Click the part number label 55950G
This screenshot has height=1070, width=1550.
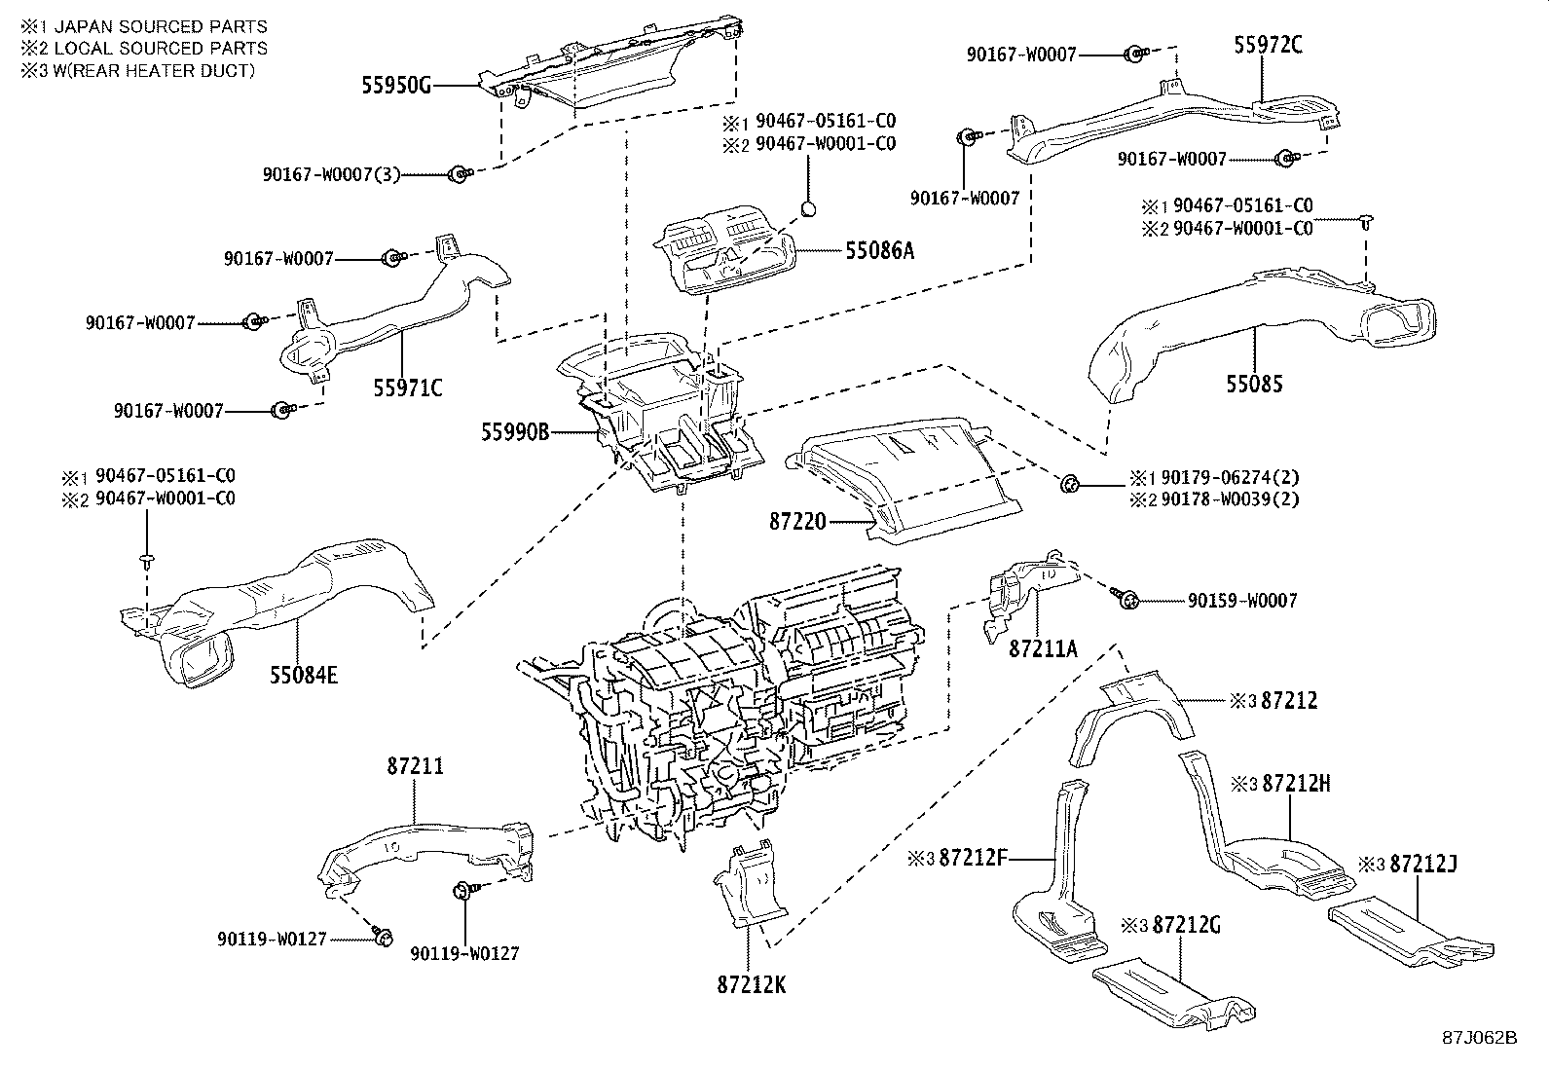pyautogui.click(x=395, y=86)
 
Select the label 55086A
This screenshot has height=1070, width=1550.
pyautogui.click(x=879, y=250)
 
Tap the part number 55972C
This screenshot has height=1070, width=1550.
pyautogui.click(x=1268, y=44)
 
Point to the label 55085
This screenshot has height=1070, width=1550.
pyautogui.click(x=1254, y=385)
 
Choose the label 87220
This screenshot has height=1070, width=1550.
pyautogui.click(x=797, y=523)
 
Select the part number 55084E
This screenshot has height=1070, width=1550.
pyautogui.click(x=304, y=674)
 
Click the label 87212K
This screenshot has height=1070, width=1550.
pyautogui.click(x=751, y=984)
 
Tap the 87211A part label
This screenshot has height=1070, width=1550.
pyautogui.click(x=1043, y=648)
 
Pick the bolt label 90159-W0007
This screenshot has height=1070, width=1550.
pyautogui.click(x=1242, y=602)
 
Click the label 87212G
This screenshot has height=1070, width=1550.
pyautogui.click(x=1186, y=925)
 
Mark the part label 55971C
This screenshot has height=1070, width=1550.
pyautogui.click(x=407, y=388)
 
